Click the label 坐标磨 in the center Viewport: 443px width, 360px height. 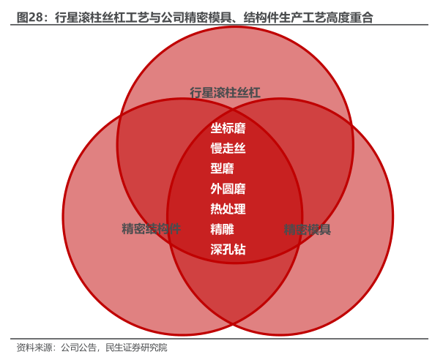tap(228, 128)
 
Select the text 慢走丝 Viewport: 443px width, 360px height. tap(228, 149)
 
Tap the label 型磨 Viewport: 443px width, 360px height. tap(222, 168)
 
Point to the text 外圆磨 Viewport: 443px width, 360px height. tap(228, 189)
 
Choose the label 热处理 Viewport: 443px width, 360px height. tap(228, 209)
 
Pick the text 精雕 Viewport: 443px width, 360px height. tap(222, 229)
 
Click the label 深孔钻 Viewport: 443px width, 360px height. tap(228, 250)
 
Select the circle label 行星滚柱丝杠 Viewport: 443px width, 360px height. tap(225, 92)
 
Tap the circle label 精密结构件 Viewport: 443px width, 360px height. tap(151, 228)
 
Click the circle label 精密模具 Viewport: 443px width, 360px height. tap(308, 230)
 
